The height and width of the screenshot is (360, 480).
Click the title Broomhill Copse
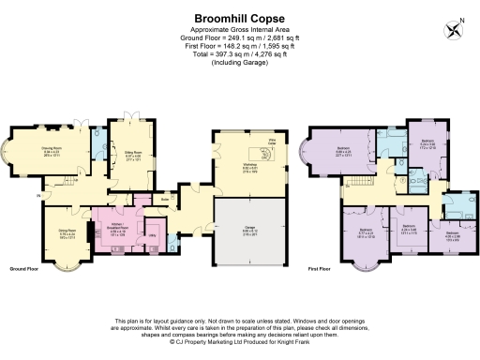point(240,17)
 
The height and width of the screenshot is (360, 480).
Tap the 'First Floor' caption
point(321,268)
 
